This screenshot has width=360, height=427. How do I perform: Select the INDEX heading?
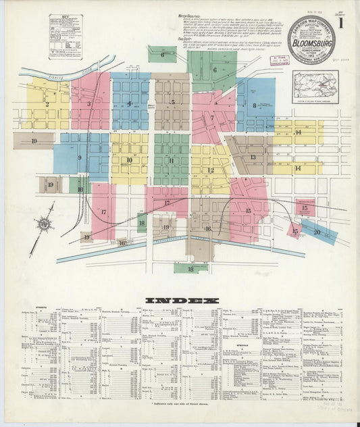[182, 301]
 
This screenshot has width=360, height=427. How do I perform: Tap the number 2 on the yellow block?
[47, 104]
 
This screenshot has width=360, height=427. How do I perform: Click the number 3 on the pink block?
[88, 104]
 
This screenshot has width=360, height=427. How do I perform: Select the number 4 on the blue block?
[129, 103]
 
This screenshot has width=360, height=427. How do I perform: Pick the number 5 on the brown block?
[173, 103]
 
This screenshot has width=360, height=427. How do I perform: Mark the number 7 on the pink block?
[211, 118]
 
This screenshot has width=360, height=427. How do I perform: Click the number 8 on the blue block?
[255, 105]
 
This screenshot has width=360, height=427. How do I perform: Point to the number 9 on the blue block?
[80, 158]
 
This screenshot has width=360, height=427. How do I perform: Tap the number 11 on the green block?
[172, 161]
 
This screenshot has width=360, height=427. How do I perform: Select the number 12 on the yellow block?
[210, 170]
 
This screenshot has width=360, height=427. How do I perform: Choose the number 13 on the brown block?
[253, 157]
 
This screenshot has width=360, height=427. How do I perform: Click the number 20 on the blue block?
[317, 232]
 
